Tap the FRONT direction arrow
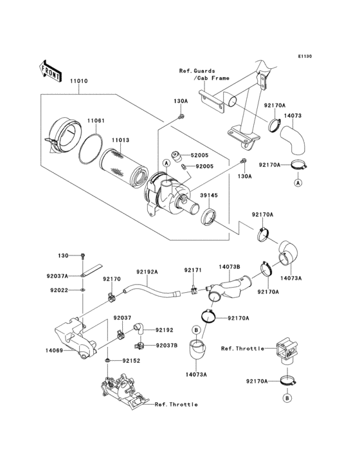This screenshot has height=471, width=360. coord(51,68)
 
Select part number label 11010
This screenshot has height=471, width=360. coord(79,82)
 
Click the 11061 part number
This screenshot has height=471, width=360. coord(96,120)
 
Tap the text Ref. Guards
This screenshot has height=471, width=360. coord(197,71)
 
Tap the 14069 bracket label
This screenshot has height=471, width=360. coord(54,351)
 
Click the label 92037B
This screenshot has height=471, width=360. coord(165,345)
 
